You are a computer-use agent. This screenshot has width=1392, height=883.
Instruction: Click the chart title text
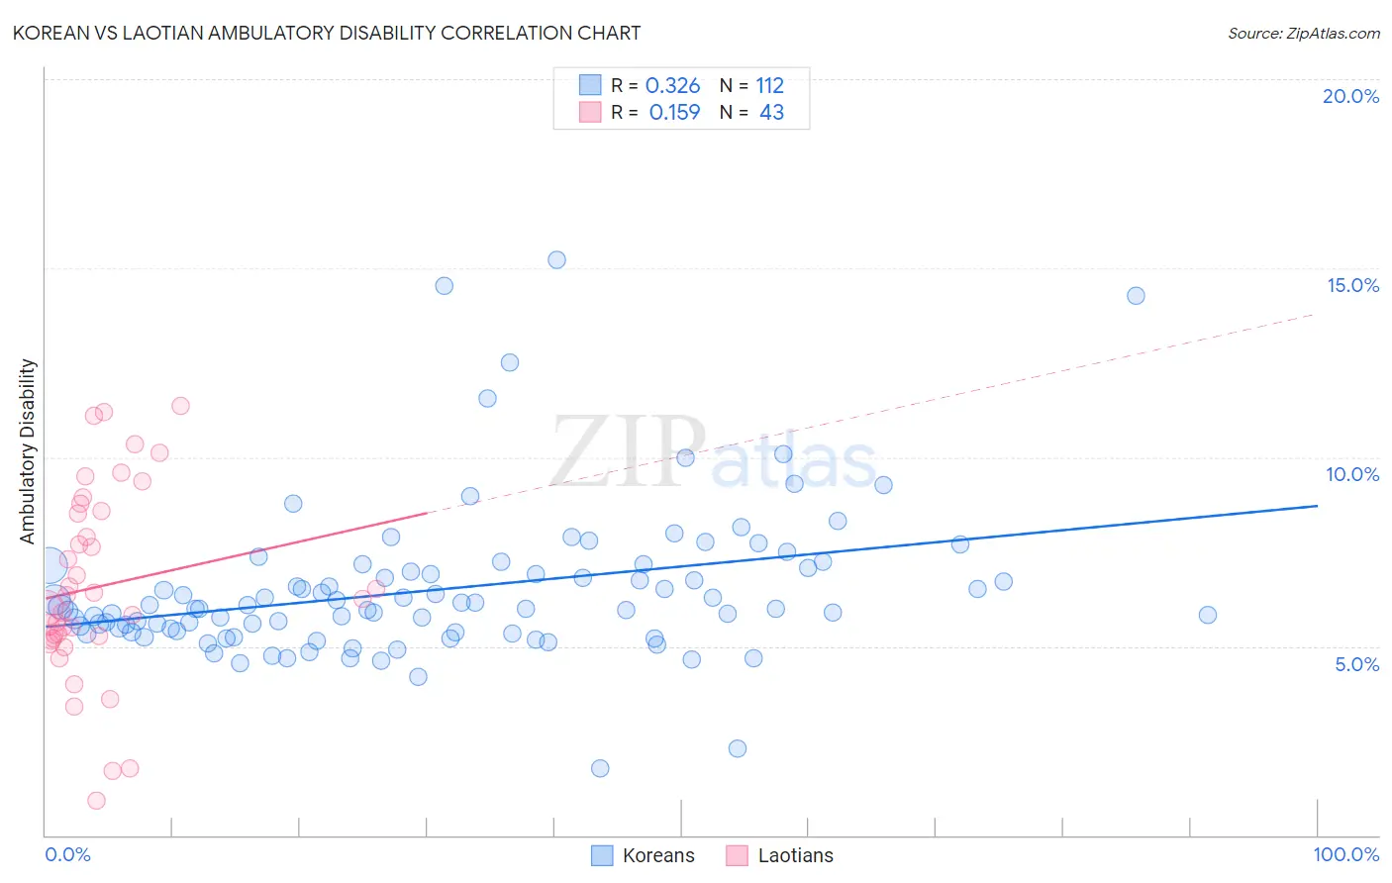click(327, 33)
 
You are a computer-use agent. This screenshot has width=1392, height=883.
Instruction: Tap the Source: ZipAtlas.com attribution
click(1303, 33)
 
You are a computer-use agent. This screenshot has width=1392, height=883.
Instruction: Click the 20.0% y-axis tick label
click(1350, 96)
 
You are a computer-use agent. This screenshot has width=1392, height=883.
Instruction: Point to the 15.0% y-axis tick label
click(1352, 285)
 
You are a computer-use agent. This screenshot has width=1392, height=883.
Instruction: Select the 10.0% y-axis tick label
click(1352, 474)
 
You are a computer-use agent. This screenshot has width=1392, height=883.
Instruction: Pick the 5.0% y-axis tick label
click(1356, 664)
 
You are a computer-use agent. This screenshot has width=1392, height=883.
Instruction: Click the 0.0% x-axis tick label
click(67, 854)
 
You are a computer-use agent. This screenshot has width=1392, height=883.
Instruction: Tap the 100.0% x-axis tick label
click(1345, 854)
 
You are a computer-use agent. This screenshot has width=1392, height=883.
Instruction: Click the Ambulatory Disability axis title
click(28, 450)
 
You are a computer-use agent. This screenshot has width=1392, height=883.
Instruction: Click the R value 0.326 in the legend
click(672, 86)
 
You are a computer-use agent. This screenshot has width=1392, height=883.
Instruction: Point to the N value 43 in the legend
click(771, 113)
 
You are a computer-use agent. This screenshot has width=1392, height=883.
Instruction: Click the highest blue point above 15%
click(556, 260)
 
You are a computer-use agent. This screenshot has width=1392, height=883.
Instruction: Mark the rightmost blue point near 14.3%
click(1136, 296)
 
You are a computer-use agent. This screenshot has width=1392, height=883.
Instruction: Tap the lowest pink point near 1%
click(96, 800)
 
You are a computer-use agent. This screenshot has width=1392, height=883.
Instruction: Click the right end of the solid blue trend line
click(1317, 506)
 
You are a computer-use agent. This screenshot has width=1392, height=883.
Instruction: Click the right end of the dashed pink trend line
click(1315, 314)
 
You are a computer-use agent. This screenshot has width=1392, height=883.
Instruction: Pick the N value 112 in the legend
click(769, 86)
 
